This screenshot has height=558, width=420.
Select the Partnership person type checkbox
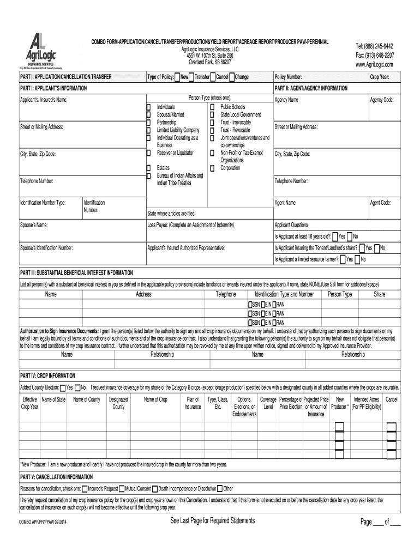pos(148,123)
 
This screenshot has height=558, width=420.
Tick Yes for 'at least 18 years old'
pos(335,236)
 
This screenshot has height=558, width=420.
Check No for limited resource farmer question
pos(357,260)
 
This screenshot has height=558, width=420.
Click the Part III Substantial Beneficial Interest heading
pos(76,272)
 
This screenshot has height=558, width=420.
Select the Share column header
pos(379,294)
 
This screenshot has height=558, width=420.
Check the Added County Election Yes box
pos(63,387)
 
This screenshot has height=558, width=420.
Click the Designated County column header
pos(118,403)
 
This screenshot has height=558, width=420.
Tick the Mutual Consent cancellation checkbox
pos(122,488)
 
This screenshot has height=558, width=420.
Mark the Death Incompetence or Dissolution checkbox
pos(155,488)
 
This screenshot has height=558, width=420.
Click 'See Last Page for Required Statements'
pos(213,521)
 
